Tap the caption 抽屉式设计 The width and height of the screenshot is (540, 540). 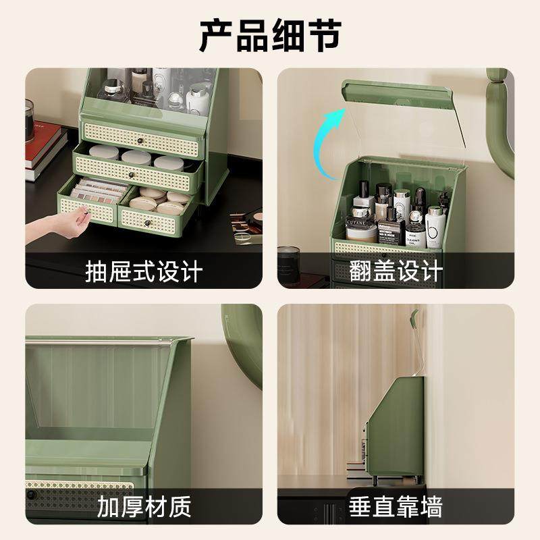(144, 272)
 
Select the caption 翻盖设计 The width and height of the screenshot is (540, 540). (396, 272)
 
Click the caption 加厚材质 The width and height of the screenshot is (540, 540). (144, 506)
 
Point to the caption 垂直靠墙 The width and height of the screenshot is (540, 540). (396, 506)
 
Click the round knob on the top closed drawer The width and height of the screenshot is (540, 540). (141, 140)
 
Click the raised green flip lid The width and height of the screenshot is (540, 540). (395, 94)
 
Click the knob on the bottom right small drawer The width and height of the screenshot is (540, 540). (147, 221)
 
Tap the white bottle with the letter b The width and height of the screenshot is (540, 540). (435, 226)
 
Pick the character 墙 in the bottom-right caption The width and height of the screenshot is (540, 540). (430, 506)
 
